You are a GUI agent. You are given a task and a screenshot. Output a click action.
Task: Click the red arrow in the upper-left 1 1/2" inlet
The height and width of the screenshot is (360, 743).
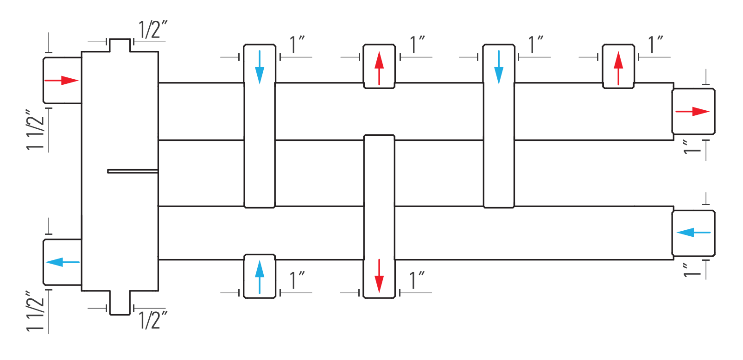click(x=61, y=80)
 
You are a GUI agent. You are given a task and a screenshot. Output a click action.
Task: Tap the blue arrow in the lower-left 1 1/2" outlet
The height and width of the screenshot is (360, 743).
click(x=63, y=262)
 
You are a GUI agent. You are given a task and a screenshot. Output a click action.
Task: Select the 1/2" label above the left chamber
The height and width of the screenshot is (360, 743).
click(x=153, y=30)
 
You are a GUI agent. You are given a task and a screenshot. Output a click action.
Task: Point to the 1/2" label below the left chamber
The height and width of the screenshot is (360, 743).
click(x=153, y=320)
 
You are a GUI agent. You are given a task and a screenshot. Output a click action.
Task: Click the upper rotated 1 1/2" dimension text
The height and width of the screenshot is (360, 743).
click(x=35, y=130)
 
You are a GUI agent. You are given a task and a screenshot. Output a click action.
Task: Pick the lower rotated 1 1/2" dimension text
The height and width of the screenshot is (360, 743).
click(x=35, y=311)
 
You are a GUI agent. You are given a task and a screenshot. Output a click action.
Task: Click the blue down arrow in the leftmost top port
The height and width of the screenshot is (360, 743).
click(x=260, y=67)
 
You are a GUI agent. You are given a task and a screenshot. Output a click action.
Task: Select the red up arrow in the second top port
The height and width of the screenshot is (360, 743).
click(x=379, y=68)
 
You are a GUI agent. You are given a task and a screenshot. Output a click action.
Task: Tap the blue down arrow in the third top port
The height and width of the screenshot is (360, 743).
click(x=499, y=67)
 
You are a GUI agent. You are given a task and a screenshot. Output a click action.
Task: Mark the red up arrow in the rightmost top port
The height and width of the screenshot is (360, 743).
click(x=618, y=68)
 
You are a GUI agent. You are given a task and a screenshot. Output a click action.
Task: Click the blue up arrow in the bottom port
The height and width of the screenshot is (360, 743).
click(x=260, y=277)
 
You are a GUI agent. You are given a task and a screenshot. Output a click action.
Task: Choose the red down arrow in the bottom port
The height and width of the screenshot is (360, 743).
click(x=379, y=276)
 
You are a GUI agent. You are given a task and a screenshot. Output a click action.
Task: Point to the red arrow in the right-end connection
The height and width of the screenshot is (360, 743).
click(x=692, y=111)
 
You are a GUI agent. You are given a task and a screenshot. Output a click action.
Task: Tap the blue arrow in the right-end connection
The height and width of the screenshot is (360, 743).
click(x=693, y=233)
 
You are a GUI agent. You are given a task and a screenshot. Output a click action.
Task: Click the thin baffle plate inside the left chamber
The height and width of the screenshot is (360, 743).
click(x=133, y=171)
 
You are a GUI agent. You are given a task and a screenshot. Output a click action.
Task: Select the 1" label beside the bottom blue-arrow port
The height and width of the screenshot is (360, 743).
click(x=297, y=280)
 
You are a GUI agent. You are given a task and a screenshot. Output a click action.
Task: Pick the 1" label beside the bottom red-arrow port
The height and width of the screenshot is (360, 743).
click(x=417, y=280)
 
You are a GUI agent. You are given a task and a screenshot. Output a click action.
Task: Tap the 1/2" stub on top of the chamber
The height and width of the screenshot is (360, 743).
click(x=120, y=45)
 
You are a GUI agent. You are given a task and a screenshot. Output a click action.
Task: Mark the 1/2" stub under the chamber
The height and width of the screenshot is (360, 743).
click(x=120, y=303)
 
